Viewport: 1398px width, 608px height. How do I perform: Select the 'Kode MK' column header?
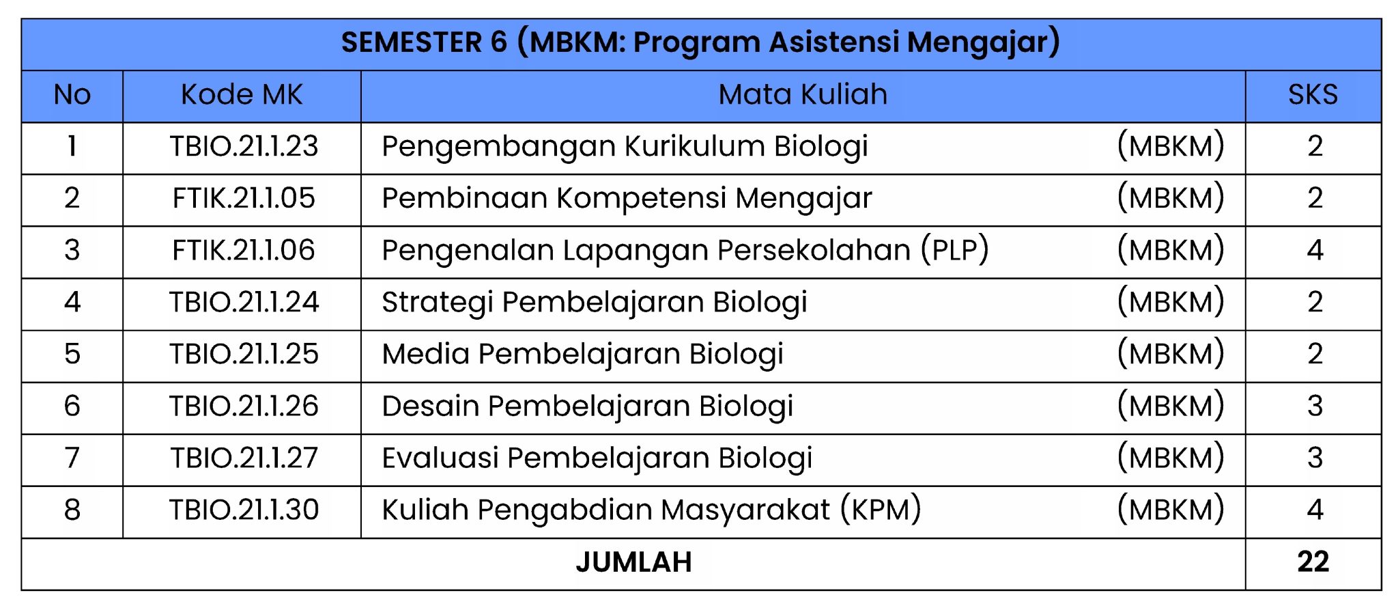(x=242, y=95)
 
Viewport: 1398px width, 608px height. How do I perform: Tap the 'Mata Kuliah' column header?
(x=803, y=95)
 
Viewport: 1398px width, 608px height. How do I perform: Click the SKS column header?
(x=1313, y=95)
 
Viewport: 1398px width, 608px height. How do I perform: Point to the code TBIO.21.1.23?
(x=244, y=147)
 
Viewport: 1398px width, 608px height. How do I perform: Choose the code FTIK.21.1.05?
(x=244, y=199)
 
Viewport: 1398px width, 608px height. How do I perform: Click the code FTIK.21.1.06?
(x=244, y=251)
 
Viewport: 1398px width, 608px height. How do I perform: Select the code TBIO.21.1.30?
(x=244, y=510)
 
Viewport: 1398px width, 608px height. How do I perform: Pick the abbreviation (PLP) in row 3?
(x=954, y=251)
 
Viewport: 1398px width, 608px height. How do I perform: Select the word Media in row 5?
(x=426, y=355)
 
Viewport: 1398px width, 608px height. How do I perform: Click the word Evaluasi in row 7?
(x=440, y=458)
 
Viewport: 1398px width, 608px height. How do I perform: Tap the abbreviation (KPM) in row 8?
(x=881, y=510)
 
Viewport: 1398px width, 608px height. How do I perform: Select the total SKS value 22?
(x=1313, y=562)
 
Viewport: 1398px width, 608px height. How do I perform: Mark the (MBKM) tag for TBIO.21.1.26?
(x=1171, y=406)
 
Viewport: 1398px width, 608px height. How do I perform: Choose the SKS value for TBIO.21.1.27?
(x=1315, y=458)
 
